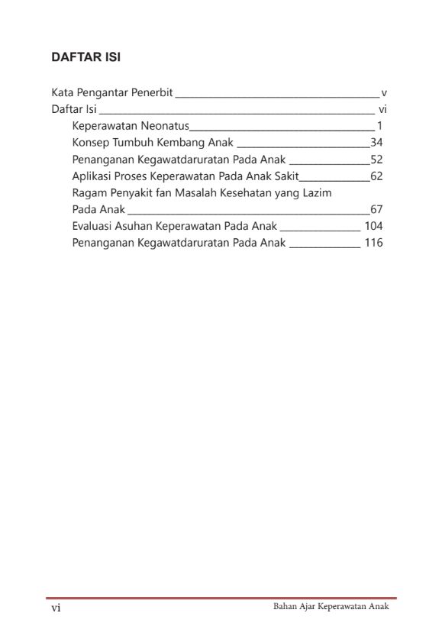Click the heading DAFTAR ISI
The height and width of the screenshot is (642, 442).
(86, 57)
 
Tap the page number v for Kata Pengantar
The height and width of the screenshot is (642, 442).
(384, 92)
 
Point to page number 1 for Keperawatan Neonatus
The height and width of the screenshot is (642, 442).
(379, 126)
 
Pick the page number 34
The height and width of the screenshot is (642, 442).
(376, 143)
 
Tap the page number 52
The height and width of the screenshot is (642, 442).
(376, 160)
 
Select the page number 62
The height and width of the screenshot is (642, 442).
(376, 176)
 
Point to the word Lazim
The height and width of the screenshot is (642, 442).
(315, 193)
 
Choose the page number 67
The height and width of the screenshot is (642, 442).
(376, 210)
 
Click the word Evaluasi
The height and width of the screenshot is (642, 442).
(95, 226)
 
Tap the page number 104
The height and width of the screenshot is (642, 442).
(373, 226)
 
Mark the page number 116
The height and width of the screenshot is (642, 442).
(373, 243)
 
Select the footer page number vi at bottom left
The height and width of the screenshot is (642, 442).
(56, 608)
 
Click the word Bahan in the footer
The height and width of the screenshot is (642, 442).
(286, 607)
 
